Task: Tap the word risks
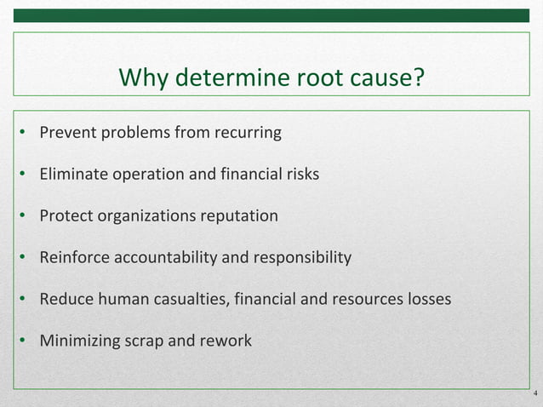(x=300, y=175)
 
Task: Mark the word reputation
(x=237, y=216)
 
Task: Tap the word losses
(x=428, y=300)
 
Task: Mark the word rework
(x=226, y=341)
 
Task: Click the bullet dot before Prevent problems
(x=25, y=134)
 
